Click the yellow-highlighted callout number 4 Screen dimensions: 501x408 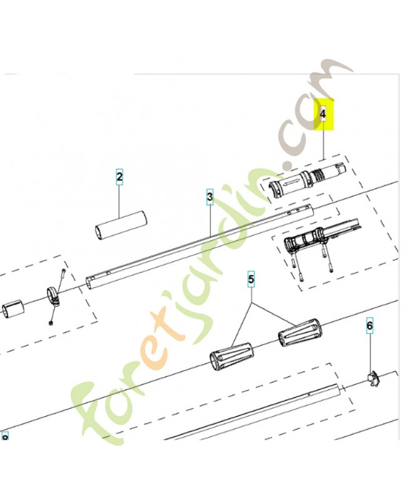[323, 115]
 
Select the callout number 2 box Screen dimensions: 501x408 [119, 177]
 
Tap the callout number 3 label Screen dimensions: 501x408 [210, 198]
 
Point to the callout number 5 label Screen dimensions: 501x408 [252, 280]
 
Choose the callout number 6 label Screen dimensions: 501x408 [369, 326]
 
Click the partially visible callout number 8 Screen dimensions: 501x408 [5, 436]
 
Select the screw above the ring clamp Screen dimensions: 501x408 [63, 274]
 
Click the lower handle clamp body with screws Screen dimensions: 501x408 [307, 241]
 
